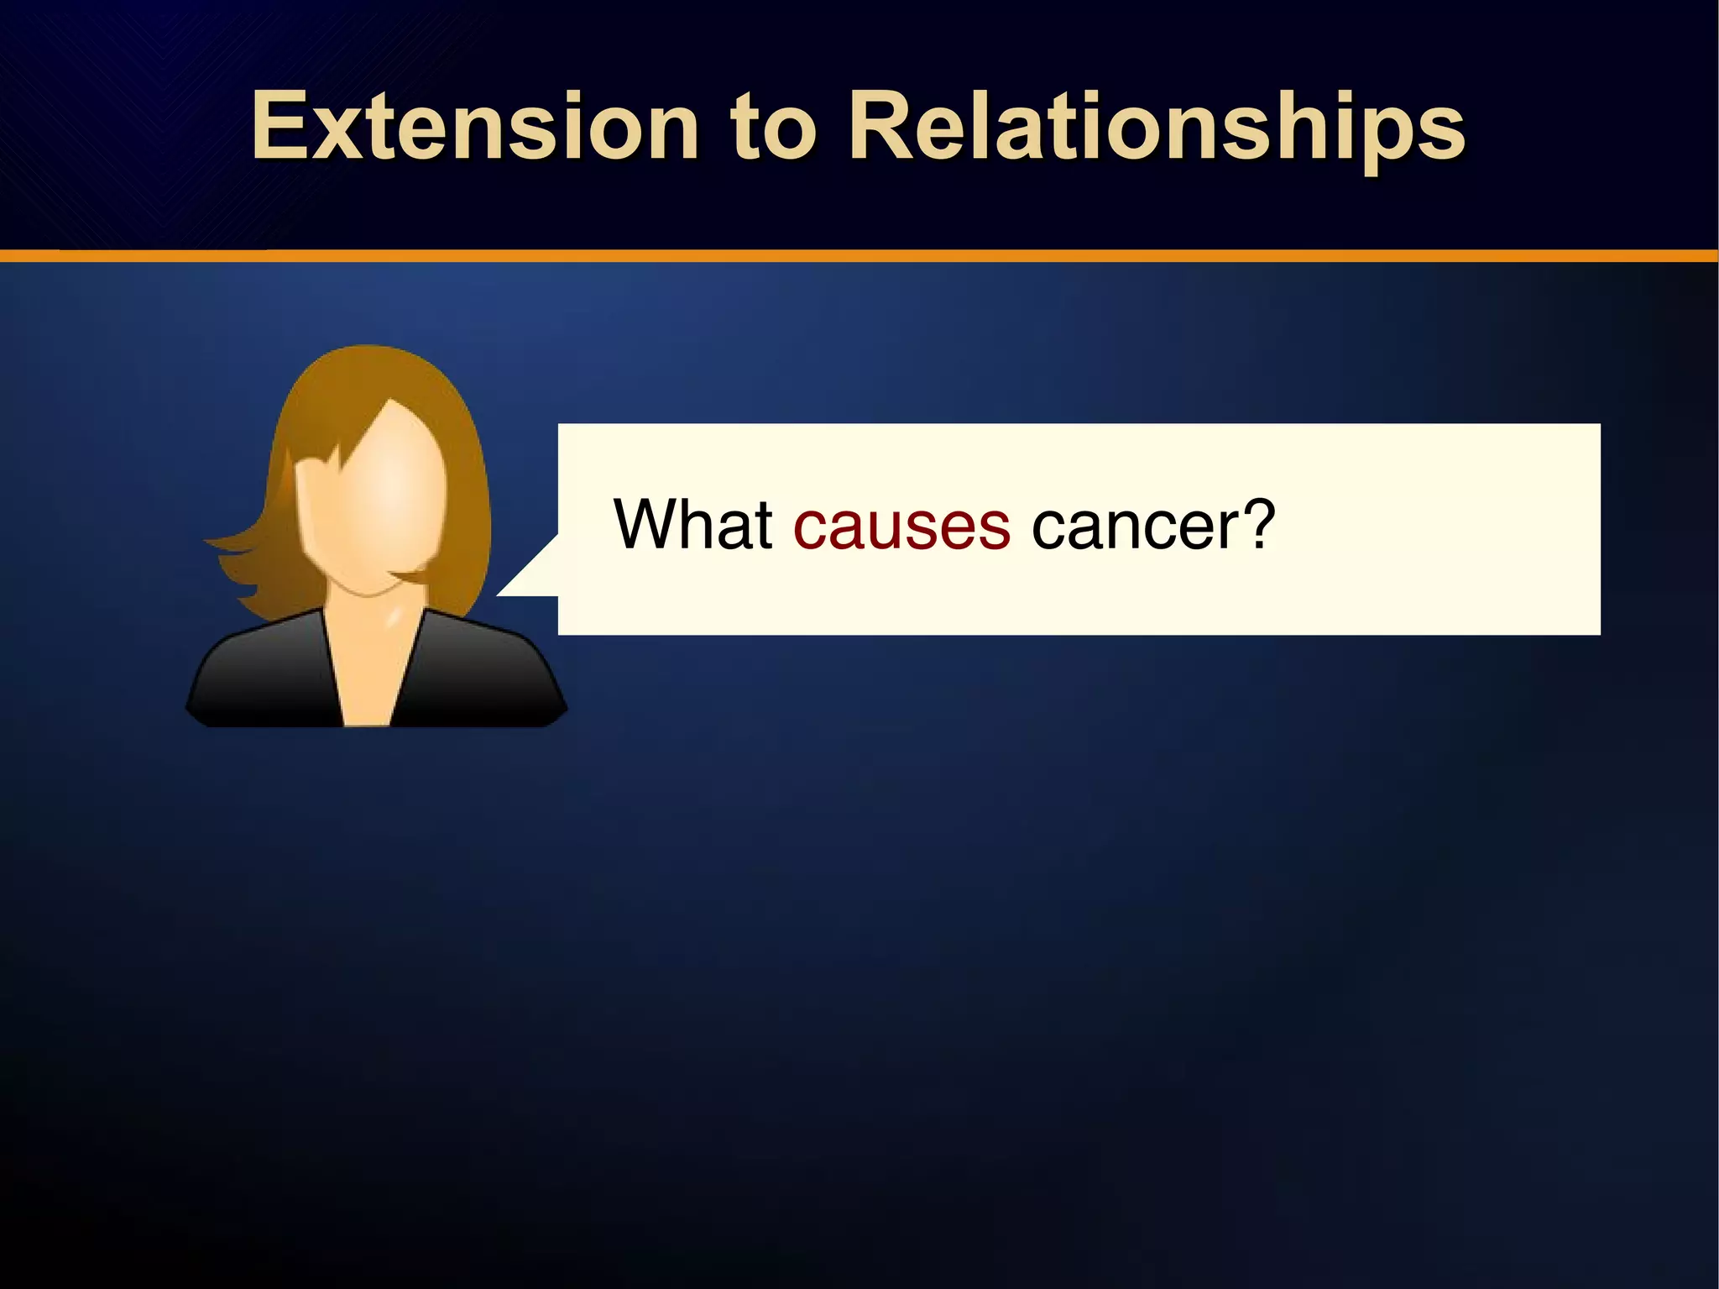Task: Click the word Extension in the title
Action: coord(475,127)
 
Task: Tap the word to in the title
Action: coord(773,128)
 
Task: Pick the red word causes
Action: coord(901,527)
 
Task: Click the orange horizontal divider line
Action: coord(859,255)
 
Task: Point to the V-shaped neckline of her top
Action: coord(368,689)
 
